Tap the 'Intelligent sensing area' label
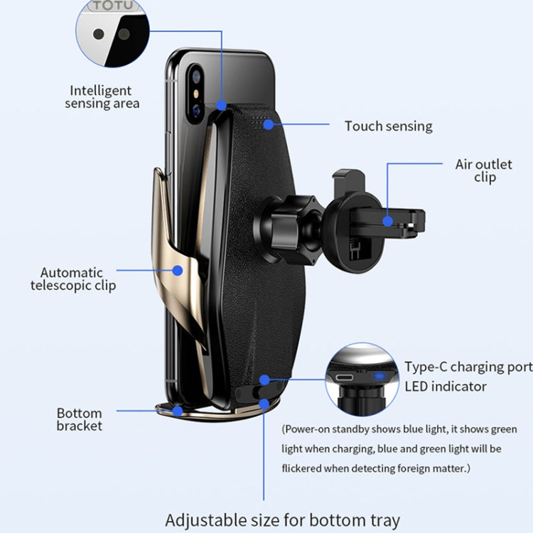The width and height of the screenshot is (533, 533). pyautogui.click(x=102, y=97)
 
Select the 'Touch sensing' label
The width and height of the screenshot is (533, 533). pyautogui.click(x=388, y=126)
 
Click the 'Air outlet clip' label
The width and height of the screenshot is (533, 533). pyautogui.click(x=483, y=171)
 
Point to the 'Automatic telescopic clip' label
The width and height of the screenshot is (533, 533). pyautogui.click(x=72, y=279)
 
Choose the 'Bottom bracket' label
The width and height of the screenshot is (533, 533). pyautogui.click(x=80, y=419)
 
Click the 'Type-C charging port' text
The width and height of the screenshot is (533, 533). pyautogui.click(x=468, y=367)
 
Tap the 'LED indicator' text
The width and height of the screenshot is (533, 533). pyautogui.click(x=446, y=387)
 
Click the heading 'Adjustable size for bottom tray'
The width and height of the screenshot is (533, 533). pyautogui.click(x=283, y=519)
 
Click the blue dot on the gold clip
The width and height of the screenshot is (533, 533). pyautogui.click(x=178, y=269)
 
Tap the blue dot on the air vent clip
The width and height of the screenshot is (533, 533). pyautogui.click(x=387, y=220)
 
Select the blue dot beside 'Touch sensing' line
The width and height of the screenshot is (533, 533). pyautogui.click(x=268, y=125)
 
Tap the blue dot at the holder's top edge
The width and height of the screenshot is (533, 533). pyautogui.click(x=222, y=106)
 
